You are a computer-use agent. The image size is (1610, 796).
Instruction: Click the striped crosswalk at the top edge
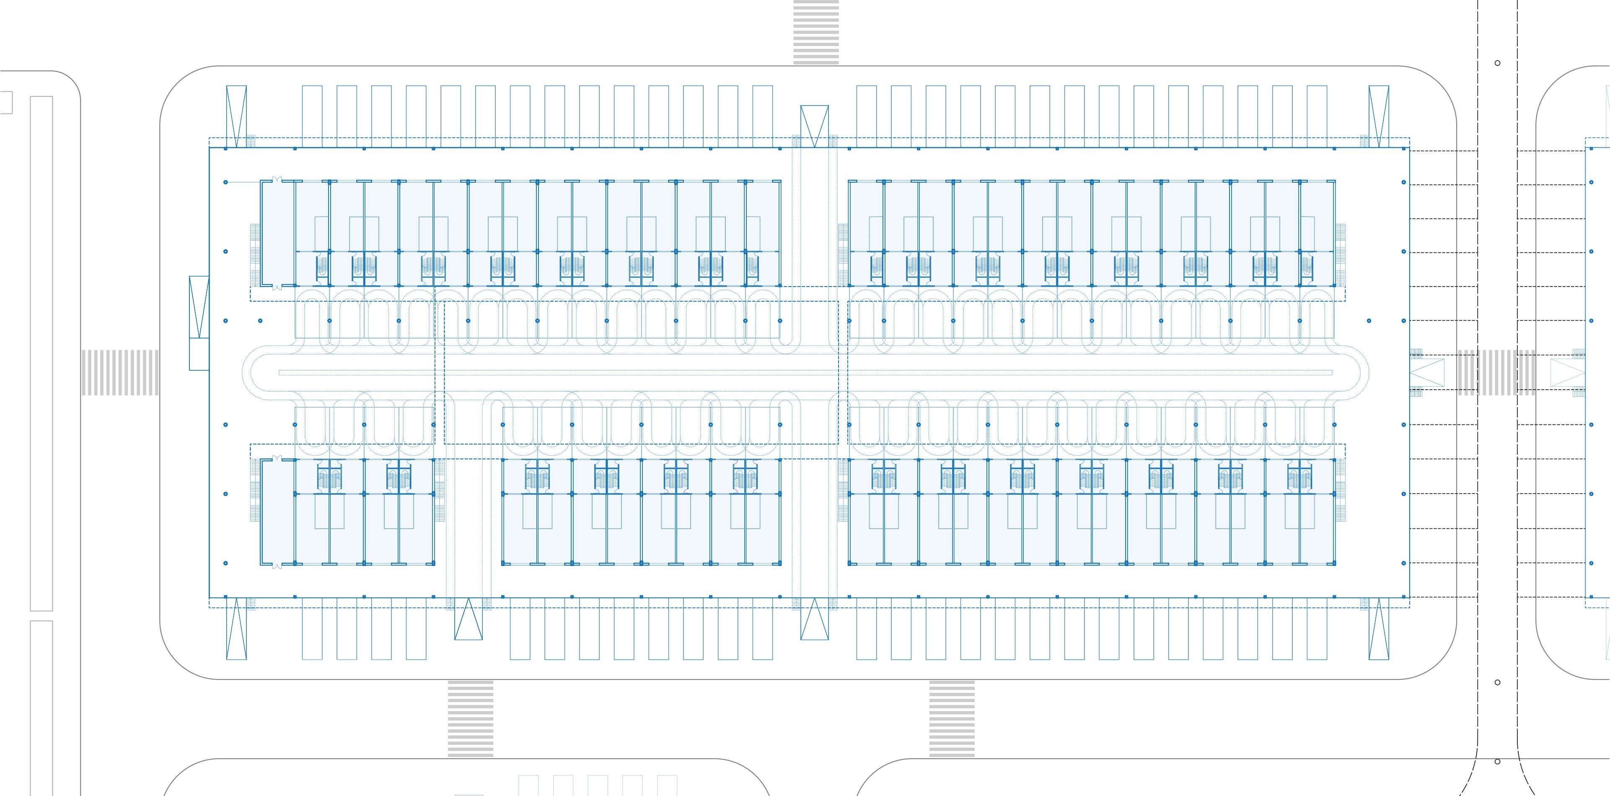[815, 31]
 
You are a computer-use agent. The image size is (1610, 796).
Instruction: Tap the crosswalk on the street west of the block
[119, 372]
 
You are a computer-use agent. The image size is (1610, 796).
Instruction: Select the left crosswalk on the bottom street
[470, 718]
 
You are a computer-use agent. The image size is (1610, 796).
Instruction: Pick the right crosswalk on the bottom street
[951, 718]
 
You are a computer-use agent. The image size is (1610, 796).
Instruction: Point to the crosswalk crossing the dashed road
[1496, 372]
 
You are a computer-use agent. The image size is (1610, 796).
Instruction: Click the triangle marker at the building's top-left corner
[236, 116]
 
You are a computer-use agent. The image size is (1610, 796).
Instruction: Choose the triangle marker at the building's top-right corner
[1379, 116]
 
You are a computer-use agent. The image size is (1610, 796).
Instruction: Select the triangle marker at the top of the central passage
[814, 126]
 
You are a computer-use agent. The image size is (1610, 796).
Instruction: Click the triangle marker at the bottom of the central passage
[814, 618]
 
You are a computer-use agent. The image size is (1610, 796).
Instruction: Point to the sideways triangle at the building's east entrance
[1427, 372]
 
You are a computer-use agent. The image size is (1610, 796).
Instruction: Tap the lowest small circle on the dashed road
[1497, 761]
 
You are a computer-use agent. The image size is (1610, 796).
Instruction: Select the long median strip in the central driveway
[805, 373]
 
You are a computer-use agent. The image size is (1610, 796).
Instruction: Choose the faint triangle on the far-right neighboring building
[1568, 372]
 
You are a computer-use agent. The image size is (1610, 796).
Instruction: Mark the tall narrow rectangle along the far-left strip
[41, 353]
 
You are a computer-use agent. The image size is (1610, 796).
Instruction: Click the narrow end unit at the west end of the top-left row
[277, 234]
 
